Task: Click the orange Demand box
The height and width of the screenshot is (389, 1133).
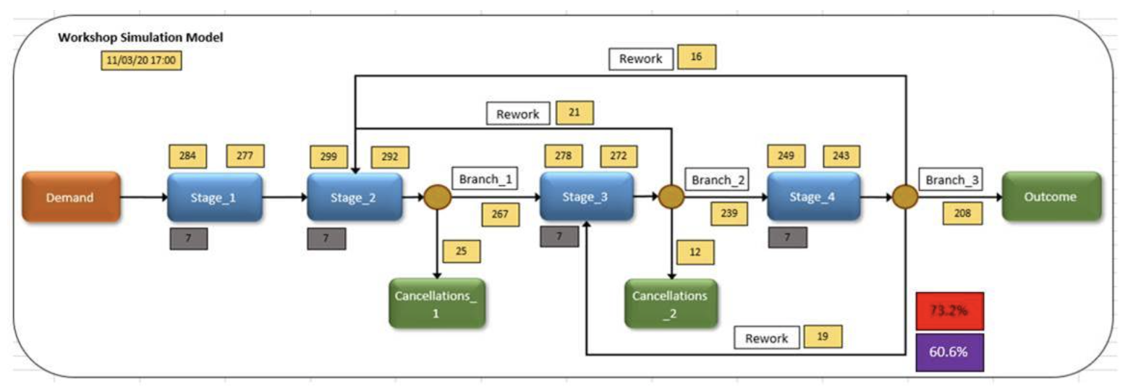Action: tap(70, 197)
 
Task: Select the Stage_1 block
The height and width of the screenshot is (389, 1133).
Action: tap(215, 197)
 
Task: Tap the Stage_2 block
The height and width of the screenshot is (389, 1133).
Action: tap(355, 197)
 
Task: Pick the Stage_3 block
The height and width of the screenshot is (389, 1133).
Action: tap(587, 197)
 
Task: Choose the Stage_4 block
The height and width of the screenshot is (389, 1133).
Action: tap(814, 197)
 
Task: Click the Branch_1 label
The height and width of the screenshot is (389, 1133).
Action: tap(484, 179)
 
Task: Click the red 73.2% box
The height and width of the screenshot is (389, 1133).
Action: tap(949, 311)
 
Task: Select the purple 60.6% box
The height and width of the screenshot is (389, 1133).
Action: tap(949, 352)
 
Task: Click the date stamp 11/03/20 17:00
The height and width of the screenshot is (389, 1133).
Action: tap(141, 61)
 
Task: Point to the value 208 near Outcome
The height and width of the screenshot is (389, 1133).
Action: tap(961, 214)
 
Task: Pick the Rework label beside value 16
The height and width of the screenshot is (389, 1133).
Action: tap(640, 59)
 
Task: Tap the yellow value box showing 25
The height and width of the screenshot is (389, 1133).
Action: tap(461, 251)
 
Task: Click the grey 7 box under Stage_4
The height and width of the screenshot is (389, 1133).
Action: tap(788, 238)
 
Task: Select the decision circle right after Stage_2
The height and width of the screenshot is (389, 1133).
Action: tap(437, 197)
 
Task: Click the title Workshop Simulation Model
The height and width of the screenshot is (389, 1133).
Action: tap(140, 38)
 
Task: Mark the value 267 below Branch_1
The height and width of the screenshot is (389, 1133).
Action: tap(500, 214)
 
